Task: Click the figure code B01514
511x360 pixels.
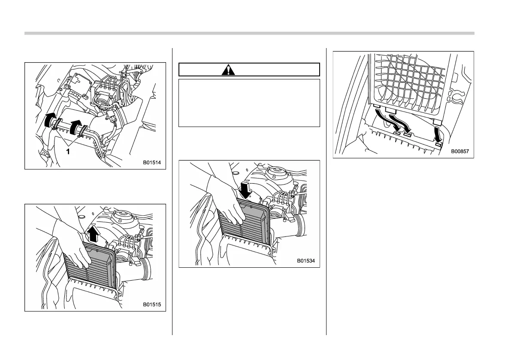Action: click(152, 163)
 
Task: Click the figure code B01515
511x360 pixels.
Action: click(152, 305)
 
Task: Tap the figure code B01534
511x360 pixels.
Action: click(306, 261)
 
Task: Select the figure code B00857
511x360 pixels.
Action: click(460, 151)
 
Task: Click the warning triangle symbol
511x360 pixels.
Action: click(228, 70)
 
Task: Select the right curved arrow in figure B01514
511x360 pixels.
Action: click(76, 125)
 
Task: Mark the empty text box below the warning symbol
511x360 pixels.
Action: click(249, 103)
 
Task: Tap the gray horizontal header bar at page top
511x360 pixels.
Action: click(249, 33)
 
